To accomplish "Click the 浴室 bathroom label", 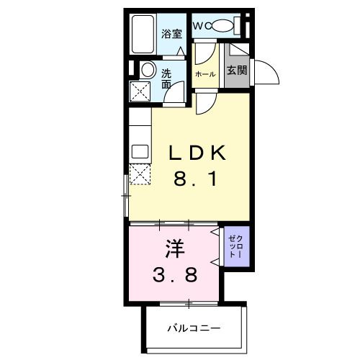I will (171, 33).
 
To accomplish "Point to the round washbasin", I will (147, 71).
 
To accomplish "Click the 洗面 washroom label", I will (166, 78).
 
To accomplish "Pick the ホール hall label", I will (204, 74).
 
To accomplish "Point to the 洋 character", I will (174, 249).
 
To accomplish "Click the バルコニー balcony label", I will (194, 328).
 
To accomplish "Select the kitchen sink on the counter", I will (139, 152).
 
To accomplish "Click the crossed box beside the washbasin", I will (140, 91).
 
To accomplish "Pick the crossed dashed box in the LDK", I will (139, 174).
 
